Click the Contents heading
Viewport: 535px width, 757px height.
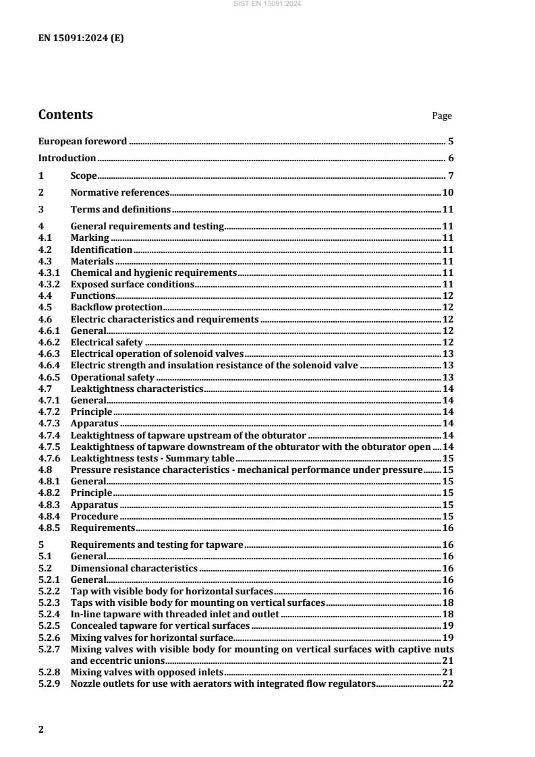coord(65,115)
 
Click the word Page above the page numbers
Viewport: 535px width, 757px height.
coord(442,116)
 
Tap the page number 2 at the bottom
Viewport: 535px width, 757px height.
coord(41,727)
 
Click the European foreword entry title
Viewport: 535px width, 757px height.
coord(82,142)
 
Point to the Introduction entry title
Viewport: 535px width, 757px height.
coord(67,159)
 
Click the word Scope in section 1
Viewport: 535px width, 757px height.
coord(84,175)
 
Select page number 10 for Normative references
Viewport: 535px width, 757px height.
coord(447,192)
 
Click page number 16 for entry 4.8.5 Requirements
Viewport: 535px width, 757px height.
coord(447,528)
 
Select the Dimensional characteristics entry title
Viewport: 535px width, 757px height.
coord(134,569)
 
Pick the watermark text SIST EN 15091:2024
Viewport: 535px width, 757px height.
coord(268,4)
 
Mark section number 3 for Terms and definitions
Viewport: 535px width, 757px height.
coord(40,209)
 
